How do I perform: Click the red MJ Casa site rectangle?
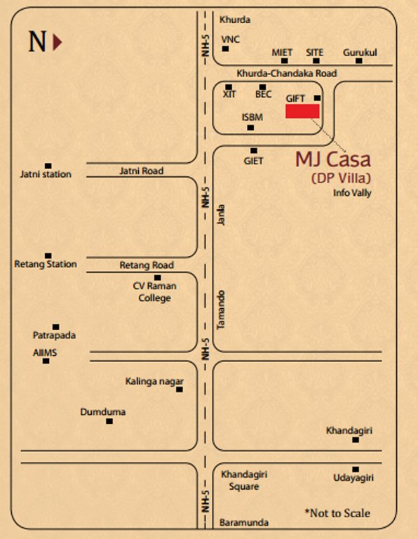tap(302, 111)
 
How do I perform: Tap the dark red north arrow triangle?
tap(58, 41)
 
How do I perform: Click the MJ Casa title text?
tap(332, 159)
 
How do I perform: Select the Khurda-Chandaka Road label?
tap(286, 73)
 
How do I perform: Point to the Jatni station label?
tap(46, 174)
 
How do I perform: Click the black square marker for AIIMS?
tap(46, 361)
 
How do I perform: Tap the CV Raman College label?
tap(154, 292)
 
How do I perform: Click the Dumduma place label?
tap(103, 411)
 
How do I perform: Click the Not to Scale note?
tap(337, 513)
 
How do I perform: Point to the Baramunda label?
tap(243, 523)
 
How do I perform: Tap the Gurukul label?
tap(360, 53)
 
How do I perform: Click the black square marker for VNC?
tap(225, 48)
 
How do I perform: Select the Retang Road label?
tap(147, 265)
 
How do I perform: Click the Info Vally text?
tap(352, 193)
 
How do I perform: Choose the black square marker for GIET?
tap(254, 150)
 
